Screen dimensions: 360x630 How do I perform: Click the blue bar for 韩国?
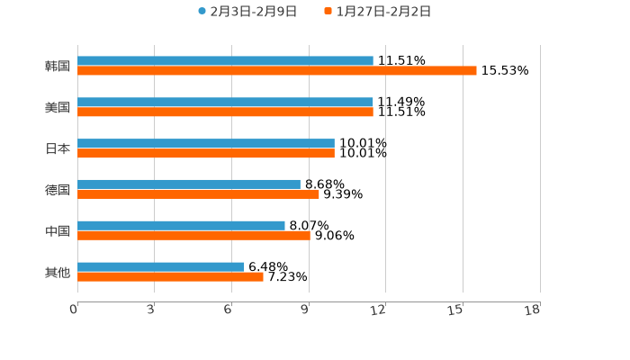225,61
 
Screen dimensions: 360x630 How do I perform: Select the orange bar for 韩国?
277,71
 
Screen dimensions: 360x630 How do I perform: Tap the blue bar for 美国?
225,103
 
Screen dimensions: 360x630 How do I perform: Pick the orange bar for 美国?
225,112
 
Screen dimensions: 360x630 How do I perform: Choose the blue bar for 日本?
206,144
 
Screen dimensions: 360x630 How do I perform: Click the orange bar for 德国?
198,193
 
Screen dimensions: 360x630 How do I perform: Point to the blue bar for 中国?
181,226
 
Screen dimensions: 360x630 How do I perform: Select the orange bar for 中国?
193,236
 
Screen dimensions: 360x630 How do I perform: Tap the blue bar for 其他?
161,267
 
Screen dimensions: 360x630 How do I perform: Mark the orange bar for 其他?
170,277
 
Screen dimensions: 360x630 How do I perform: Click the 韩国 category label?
58,67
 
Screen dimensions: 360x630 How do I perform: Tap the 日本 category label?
58,149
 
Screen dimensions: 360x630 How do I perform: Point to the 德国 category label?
58,190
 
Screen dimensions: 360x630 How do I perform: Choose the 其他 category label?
58,273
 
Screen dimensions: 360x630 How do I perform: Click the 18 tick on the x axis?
533,310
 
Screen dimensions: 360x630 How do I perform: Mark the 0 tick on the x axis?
74,310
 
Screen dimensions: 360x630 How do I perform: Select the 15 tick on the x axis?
456,310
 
